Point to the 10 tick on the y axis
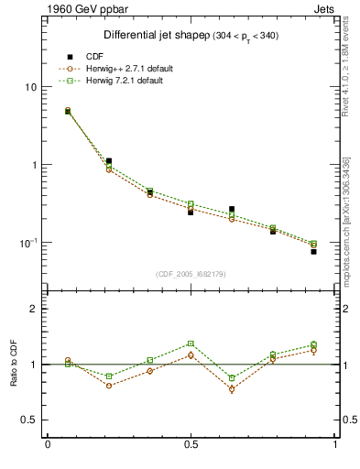[31, 87]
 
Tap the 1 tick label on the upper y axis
[34, 165]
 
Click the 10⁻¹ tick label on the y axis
[29, 243]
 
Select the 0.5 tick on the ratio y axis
[29, 420]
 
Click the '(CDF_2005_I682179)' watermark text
[191, 274]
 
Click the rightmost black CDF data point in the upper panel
[313, 251]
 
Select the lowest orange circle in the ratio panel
[232, 389]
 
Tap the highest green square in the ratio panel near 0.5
[191, 344]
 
